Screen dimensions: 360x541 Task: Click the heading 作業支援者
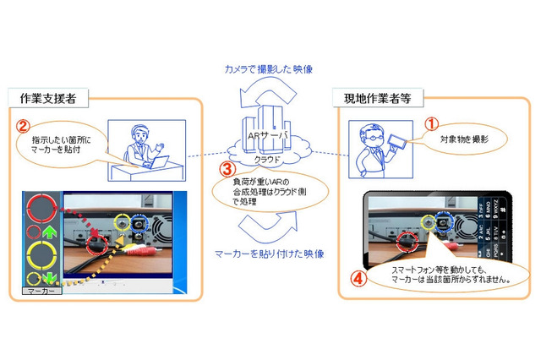pos(48,98)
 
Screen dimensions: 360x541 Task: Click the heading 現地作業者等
pos(374,97)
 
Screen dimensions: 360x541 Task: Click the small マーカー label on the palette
pos(40,290)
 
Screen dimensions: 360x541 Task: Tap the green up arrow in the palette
pos(50,232)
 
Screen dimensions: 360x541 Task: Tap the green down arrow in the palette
pos(50,278)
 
